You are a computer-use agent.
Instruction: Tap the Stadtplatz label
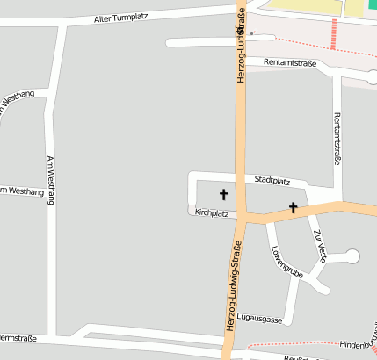click(272, 180)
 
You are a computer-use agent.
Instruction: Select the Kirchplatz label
click(212, 212)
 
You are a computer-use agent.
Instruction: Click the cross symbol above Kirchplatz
click(223, 193)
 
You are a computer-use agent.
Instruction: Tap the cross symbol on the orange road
click(293, 208)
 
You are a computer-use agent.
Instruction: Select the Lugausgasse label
click(259, 319)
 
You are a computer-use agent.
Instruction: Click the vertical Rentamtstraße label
click(336, 139)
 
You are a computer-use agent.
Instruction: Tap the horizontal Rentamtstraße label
click(291, 63)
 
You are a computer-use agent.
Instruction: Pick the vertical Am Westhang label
click(49, 181)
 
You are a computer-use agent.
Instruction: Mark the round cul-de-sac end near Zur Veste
click(352, 256)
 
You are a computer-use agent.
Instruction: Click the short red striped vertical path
click(334, 34)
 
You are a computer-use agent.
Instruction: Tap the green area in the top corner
click(355, 8)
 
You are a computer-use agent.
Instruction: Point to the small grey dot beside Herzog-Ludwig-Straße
click(252, 34)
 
